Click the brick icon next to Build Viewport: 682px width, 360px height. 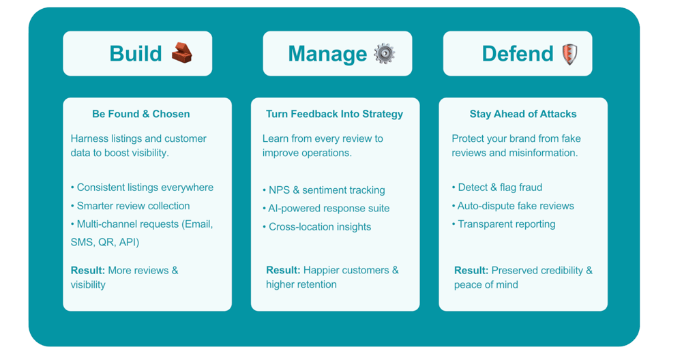[x=181, y=52]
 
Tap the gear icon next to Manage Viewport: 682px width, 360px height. [x=385, y=53]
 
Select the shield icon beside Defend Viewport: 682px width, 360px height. [x=569, y=53]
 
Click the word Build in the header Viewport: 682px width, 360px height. [x=136, y=54]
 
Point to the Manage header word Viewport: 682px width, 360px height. [x=327, y=54]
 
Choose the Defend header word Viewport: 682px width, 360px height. [x=518, y=54]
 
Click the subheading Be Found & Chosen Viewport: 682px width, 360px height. [x=141, y=114]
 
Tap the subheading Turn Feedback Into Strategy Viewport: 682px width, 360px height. [x=334, y=114]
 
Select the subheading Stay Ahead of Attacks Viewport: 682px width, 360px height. [x=523, y=114]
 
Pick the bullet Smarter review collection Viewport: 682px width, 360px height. [x=133, y=206]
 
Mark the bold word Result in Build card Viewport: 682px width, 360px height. [x=88, y=271]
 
